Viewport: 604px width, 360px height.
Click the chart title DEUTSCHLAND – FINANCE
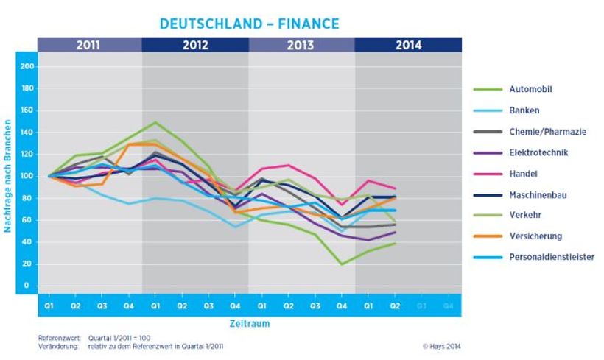coord(250,24)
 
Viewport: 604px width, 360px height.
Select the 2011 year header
coord(89,45)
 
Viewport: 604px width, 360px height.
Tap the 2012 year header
coord(195,45)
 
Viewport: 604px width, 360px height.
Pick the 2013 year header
coord(301,45)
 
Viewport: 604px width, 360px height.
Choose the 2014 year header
coord(408,45)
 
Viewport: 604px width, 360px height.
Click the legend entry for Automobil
coord(530,89)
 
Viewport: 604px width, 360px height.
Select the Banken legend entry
coord(524,110)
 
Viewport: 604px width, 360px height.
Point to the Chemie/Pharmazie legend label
coord(547,132)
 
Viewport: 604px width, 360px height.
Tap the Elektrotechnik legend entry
coord(538,152)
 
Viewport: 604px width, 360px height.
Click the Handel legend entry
coord(522,174)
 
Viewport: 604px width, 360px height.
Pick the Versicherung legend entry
coord(535,236)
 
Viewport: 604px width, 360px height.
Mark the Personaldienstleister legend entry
coord(551,257)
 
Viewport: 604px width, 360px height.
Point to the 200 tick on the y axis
coord(27,66)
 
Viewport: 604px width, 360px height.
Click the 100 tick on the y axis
coord(27,176)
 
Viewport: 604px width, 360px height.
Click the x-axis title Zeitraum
coord(250,322)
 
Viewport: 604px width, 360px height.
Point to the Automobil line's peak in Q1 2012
coord(155,122)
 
